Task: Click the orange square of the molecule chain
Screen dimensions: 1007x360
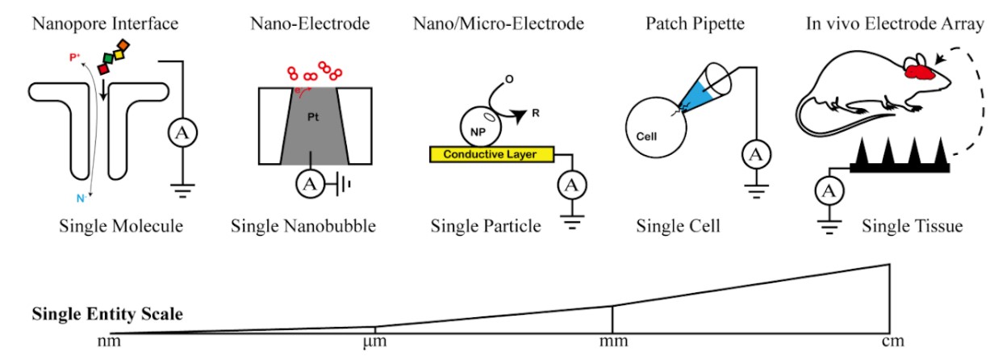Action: [x=123, y=45]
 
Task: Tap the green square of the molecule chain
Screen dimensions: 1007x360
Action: [x=108, y=58]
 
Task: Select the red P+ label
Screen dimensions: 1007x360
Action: [x=74, y=57]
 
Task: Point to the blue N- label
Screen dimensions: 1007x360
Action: [x=81, y=199]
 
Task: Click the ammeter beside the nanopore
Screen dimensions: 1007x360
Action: [x=182, y=133]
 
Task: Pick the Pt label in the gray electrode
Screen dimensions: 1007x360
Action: [x=313, y=117]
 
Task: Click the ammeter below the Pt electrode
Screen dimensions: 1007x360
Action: [x=310, y=184]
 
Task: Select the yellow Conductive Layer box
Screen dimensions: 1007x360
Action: [x=492, y=154]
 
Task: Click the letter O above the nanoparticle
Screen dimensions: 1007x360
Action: [x=509, y=80]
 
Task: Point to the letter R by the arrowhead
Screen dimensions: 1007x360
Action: [x=536, y=113]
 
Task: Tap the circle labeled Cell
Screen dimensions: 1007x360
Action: [x=656, y=128]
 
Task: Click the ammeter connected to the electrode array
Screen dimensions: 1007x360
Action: [x=829, y=191]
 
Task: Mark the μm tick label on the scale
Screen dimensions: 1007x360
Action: [x=375, y=341]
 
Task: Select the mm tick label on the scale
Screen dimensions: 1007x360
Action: [x=613, y=341]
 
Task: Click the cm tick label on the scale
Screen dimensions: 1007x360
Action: [x=892, y=341]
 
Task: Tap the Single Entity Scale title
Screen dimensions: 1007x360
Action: [x=107, y=314]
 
